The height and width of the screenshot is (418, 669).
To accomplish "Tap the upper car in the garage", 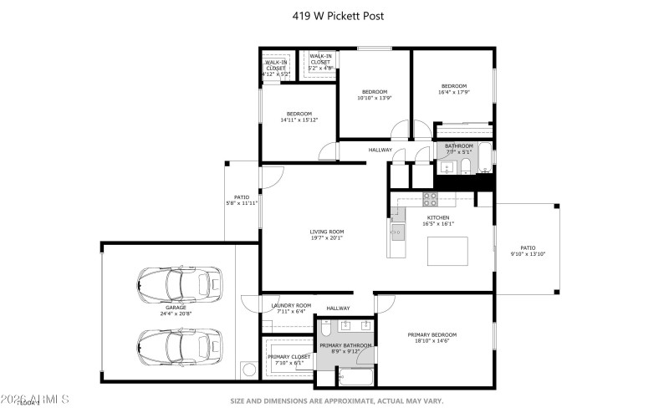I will tap(179, 286).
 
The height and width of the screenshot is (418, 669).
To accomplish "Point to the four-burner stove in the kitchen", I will tap(430, 199).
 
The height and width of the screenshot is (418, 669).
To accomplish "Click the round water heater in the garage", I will tap(249, 369).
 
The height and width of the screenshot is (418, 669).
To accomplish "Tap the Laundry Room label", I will tap(291, 305).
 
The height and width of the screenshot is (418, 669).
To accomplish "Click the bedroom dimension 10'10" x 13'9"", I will tap(375, 98).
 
